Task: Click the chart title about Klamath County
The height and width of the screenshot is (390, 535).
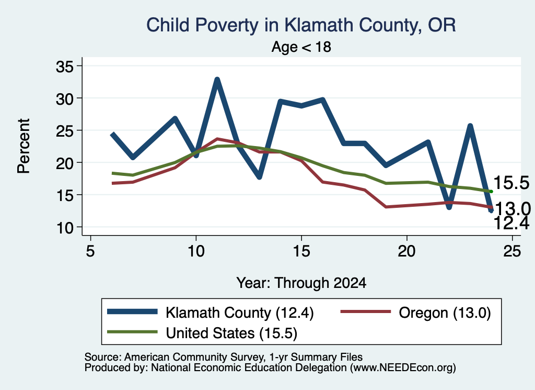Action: tap(301, 25)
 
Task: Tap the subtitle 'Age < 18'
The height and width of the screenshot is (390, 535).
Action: tap(301, 47)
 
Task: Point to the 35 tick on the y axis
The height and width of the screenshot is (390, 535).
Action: tap(65, 66)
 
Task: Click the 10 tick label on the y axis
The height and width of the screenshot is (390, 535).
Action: tap(65, 228)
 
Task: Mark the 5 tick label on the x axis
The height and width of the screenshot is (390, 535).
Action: tap(90, 251)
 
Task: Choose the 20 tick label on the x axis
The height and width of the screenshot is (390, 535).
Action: tap(406, 251)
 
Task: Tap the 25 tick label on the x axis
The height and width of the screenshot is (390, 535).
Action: tap(512, 251)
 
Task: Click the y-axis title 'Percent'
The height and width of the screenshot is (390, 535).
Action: tap(24, 146)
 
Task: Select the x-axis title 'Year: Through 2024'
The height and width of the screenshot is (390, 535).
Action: tap(301, 283)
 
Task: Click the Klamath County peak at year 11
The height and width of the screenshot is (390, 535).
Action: tap(217, 80)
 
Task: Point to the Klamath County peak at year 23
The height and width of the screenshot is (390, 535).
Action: tap(470, 126)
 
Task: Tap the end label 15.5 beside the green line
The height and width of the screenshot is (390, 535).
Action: tap(511, 183)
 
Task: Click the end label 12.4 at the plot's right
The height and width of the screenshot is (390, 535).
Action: tap(511, 224)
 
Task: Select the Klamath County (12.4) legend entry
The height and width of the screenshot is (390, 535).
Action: tap(211, 312)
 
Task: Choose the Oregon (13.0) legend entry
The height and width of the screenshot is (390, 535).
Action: tap(416, 312)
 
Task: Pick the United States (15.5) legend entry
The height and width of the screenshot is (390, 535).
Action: tap(202, 332)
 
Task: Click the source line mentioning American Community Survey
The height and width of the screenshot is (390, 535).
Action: tap(224, 357)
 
